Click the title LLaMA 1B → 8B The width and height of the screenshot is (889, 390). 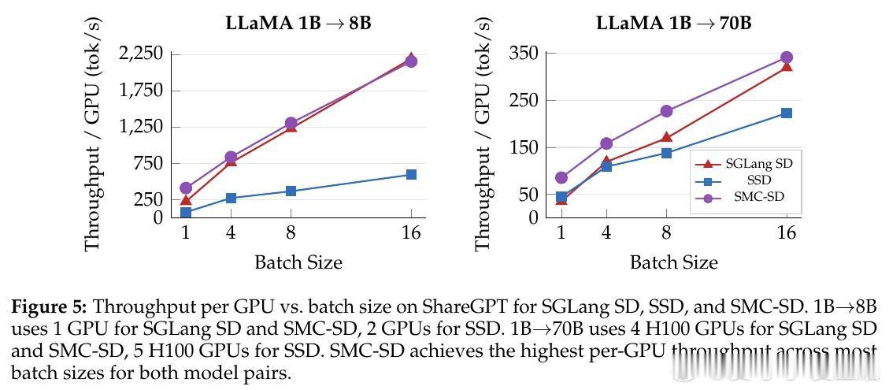tap(298, 23)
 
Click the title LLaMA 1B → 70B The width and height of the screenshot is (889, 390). tap(673, 23)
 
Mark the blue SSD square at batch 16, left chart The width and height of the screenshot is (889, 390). tap(411, 174)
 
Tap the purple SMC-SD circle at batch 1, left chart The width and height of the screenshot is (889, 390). tap(186, 188)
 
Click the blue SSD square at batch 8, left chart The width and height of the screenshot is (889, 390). tap(291, 191)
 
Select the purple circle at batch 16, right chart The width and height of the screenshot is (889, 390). tap(786, 58)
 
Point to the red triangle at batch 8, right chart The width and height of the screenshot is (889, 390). tap(666, 138)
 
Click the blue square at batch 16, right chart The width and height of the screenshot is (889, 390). tap(786, 113)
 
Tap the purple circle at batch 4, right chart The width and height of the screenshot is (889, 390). tap(606, 143)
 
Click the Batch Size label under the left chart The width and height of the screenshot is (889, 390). tap(298, 262)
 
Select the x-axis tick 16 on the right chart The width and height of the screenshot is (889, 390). tap(786, 232)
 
